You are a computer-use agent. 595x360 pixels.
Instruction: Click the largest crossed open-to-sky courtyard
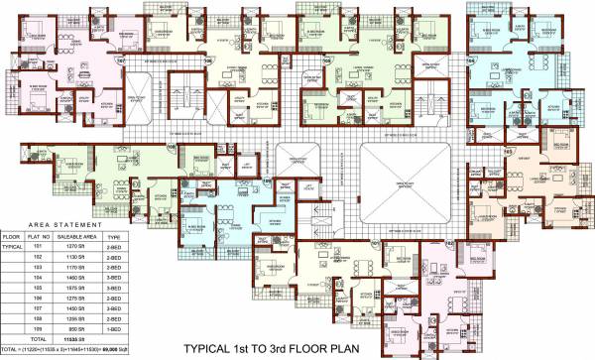[406, 186]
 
